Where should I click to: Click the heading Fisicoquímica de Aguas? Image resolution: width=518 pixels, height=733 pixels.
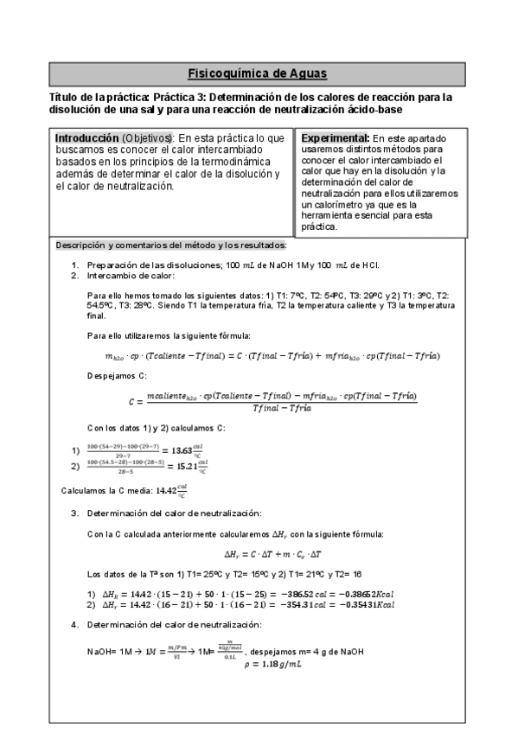(x=258, y=73)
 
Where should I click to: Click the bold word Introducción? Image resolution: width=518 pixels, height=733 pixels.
(x=86, y=138)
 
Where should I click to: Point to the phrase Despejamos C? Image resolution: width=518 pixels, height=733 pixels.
(x=117, y=376)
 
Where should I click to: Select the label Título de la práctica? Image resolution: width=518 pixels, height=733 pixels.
(x=100, y=98)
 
